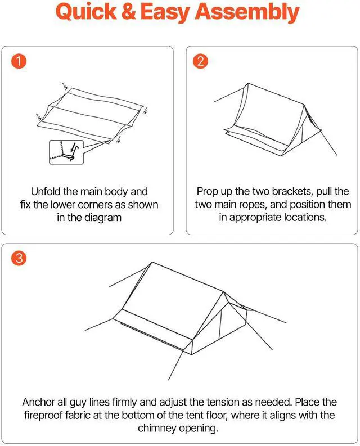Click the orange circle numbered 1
[19, 62]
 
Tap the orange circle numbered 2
[200, 62]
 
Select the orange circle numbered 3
[19, 258]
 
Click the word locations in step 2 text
[302, 217]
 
